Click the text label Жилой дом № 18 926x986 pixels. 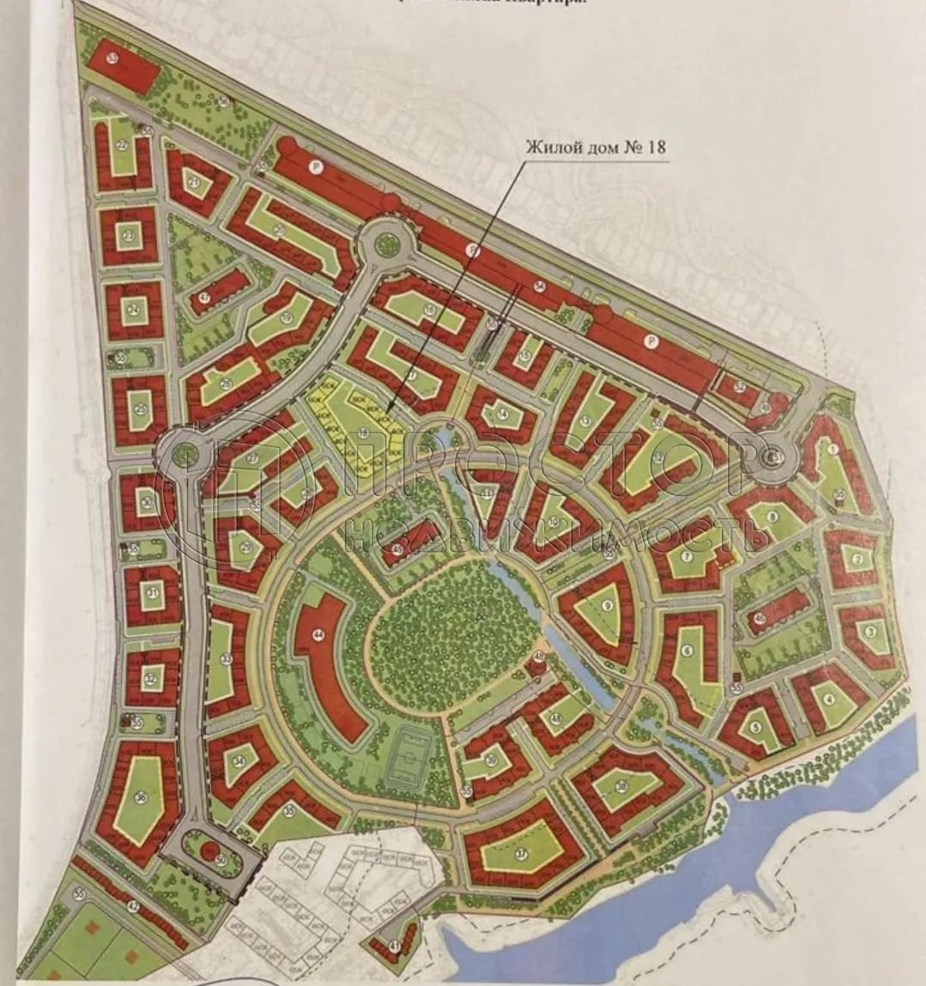click(x=596, y=147)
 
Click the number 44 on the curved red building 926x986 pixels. click(x=318, y=635)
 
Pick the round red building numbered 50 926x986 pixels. click(x=209, y=850)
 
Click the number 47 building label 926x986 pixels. click(x=204, y=298)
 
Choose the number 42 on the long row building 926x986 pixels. click(x=133, y=905)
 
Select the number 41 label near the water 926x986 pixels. click(x=394, y=946)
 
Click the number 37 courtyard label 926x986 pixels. click(x=521, y=853)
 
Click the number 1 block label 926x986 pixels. click(x=832, y=448)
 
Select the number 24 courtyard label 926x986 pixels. click(x=133, y=309)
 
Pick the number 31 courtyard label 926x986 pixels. click(x=152, y=592)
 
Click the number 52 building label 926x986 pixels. click(x=740, y=387)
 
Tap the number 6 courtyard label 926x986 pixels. click(x=687, y=651)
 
